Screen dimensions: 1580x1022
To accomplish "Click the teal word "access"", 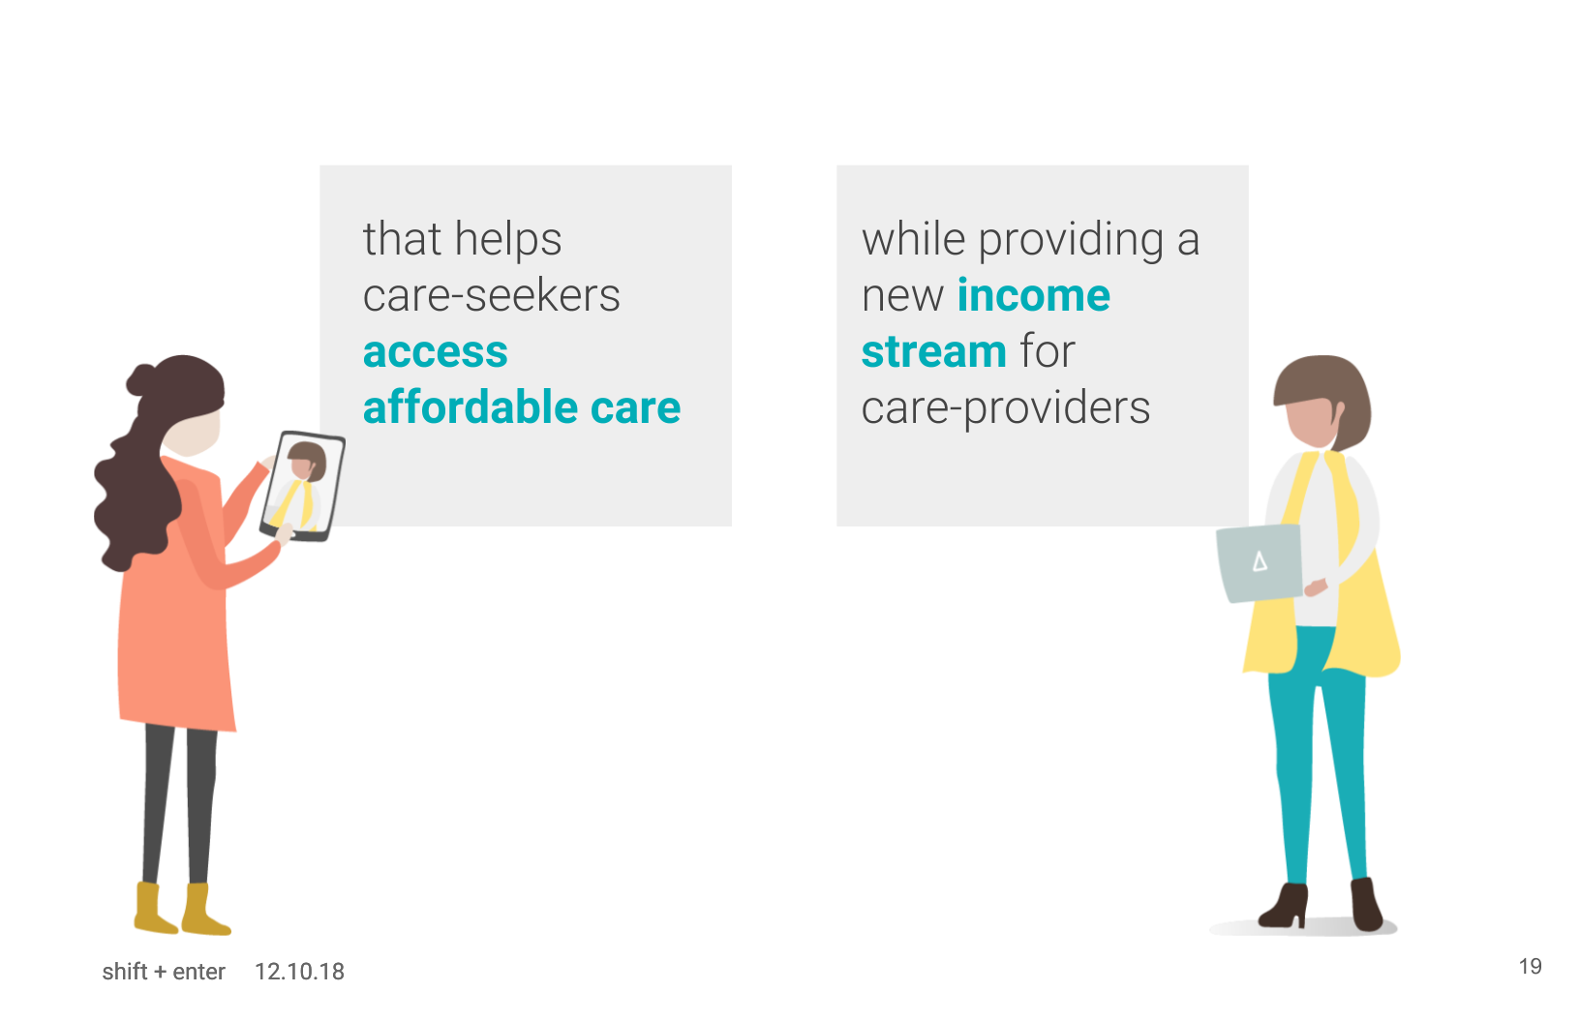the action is point(436,352).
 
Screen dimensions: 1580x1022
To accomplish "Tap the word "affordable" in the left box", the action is point(470,406).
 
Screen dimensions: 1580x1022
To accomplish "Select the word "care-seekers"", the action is point(491,295).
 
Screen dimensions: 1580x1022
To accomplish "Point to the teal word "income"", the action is point(1033,295).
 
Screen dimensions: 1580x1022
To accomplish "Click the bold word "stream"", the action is point(934,351).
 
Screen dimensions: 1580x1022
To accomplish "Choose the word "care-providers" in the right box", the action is point(1005,409).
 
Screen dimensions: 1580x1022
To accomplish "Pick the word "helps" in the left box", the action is point(508,240).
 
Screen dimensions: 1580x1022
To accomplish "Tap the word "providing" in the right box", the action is point(1071,240).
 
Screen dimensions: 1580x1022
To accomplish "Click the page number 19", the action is point(1530,966).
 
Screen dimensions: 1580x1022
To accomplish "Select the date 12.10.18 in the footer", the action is point(299,972).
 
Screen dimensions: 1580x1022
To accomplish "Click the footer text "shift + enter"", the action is point(164,972).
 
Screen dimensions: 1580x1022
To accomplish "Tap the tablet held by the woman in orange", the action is point(303,486).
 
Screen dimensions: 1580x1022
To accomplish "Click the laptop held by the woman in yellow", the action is point(1259,563).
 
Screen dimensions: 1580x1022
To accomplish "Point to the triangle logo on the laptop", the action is point(1260,562).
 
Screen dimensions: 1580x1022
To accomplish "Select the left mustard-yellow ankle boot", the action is point(154,909).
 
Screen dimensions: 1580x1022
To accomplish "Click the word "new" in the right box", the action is point(902,296).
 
